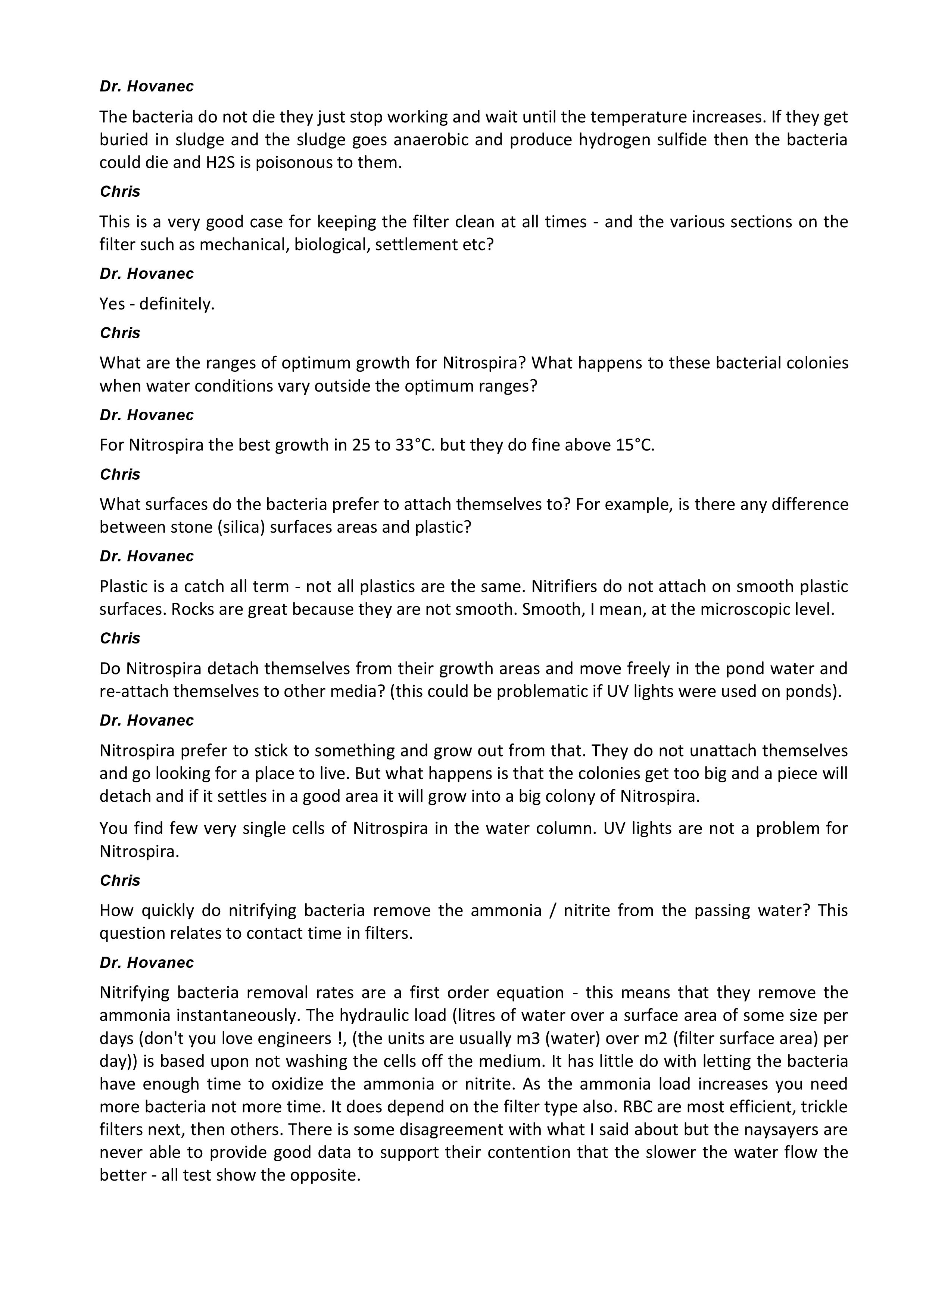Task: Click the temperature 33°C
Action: (x=416, y=445)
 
